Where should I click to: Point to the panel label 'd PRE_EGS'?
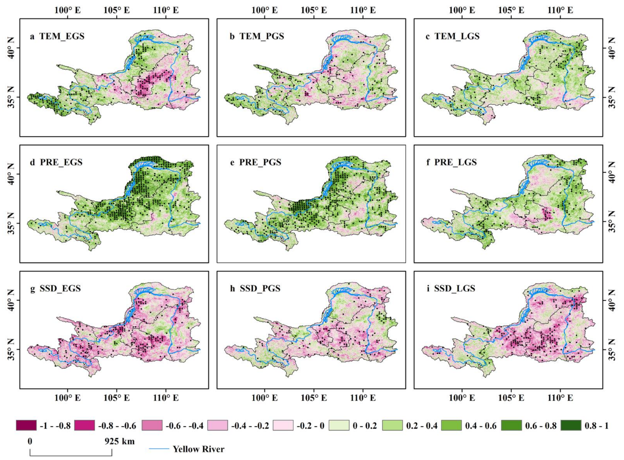coord(56,162)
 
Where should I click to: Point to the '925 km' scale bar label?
coord(120,441)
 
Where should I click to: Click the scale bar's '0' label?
coord(30,441)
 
